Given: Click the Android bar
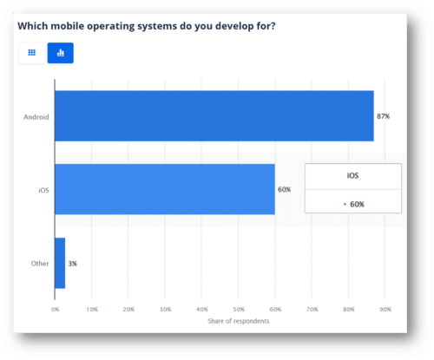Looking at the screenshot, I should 214,115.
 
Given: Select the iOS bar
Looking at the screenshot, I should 165,189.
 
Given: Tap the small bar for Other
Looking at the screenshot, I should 60,263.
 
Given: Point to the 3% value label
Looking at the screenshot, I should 73,263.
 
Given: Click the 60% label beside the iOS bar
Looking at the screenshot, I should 285,189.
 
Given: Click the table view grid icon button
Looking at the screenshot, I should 31,53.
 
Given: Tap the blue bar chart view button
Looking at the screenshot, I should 61,53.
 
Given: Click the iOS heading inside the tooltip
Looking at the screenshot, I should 352,176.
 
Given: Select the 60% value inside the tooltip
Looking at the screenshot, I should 356,204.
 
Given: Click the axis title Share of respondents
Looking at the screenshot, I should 238,322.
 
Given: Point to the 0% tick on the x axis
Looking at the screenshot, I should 55,308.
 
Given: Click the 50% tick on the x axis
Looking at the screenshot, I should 238,308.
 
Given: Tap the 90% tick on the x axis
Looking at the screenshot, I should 385,308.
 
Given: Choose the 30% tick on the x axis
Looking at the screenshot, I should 165,308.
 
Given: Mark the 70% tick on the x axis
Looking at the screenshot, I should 312,308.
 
